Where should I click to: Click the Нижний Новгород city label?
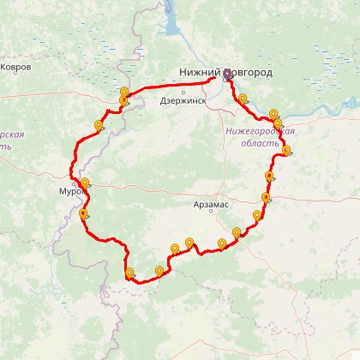click(x=225, y=73)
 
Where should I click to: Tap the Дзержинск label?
click(x=183, y=100)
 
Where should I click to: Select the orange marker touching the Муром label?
click(x=85, y=183)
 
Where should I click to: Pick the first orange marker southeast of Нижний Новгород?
click(x=243, y=98)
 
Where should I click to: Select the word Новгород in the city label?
click(x=250, y=73)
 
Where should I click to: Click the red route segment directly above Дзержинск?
click(x=183, y=87)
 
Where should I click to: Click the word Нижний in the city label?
click(x=199, y=73)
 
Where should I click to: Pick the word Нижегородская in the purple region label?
click(x=260, y=131)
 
